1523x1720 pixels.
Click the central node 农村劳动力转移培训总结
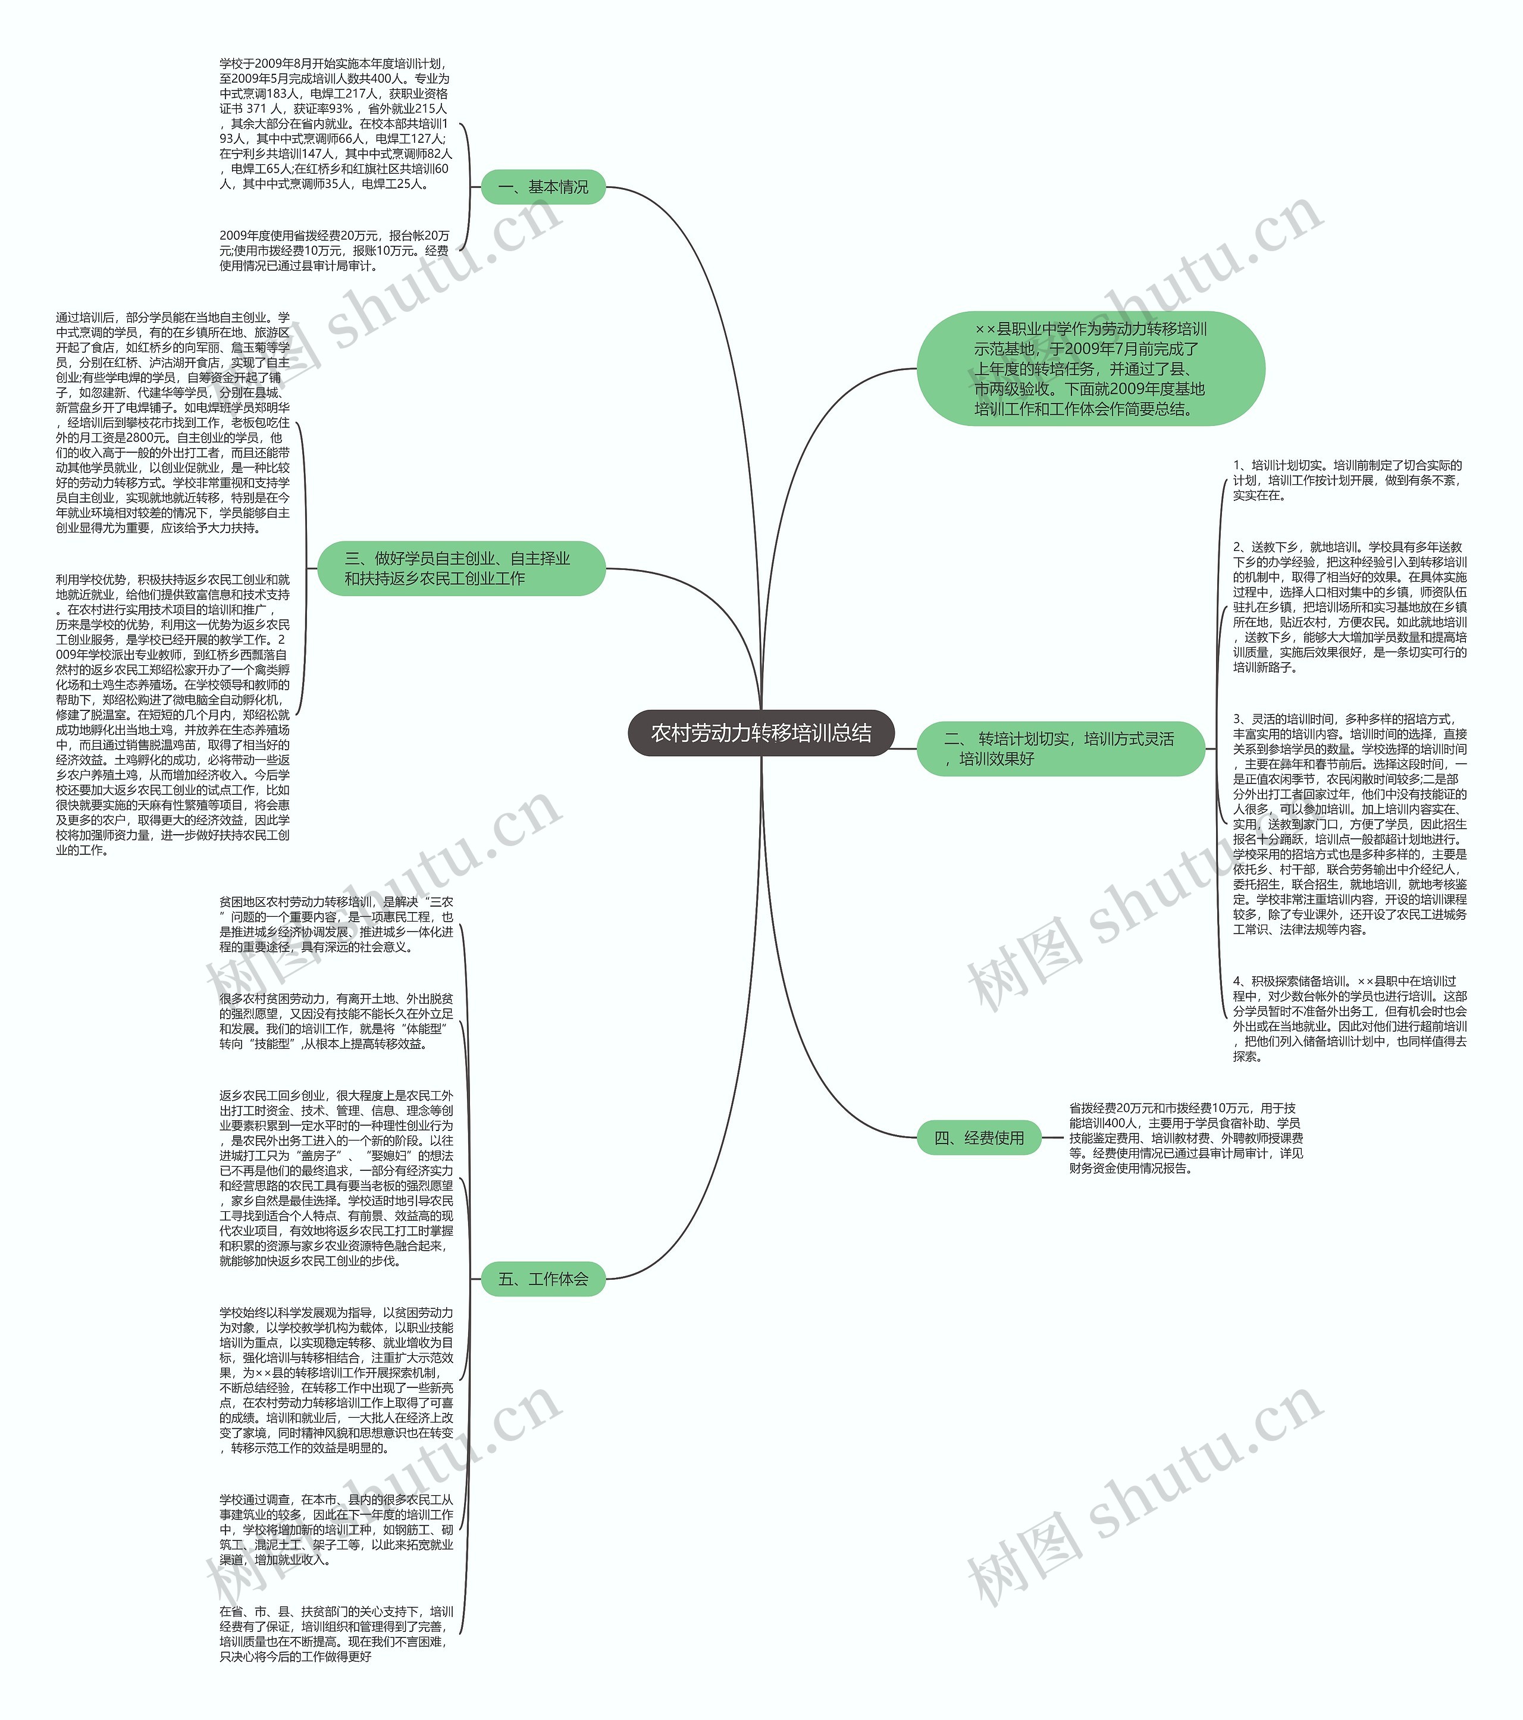761,733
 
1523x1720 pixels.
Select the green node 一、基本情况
543,187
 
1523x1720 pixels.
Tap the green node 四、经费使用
979,1138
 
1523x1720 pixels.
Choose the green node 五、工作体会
543,1279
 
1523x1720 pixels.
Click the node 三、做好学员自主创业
461,568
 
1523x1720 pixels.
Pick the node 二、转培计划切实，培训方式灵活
1060,748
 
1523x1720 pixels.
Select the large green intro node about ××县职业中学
1090,369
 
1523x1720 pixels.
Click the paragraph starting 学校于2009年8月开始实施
334,124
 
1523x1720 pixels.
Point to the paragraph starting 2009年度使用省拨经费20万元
334,250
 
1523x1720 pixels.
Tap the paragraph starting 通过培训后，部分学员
173,422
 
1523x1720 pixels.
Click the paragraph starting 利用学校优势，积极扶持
173,715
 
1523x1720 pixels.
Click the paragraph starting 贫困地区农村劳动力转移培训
336,924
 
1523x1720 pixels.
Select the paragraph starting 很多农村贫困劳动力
336,1021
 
